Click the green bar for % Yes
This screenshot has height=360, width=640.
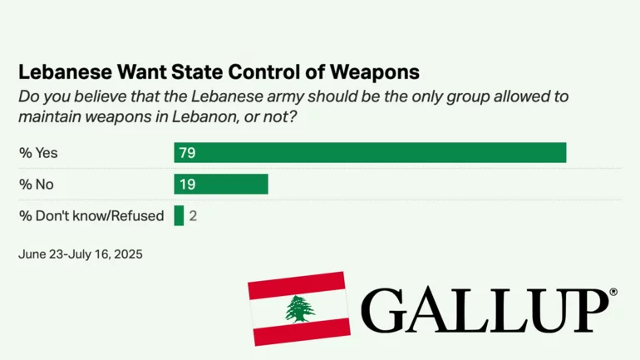coord(370,153)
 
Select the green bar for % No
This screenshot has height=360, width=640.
coord(221,184)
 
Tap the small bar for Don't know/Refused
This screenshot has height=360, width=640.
coord(179,215)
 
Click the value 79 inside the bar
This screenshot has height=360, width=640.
coord(187,153)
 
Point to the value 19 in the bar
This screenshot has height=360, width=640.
coord(187,184)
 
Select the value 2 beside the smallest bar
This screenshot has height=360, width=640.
coord(193,215)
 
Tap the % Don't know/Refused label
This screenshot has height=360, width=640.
coord(91,215)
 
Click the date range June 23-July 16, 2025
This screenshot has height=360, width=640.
coord(81,254)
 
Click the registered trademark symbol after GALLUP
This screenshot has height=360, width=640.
coord(613,293)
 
